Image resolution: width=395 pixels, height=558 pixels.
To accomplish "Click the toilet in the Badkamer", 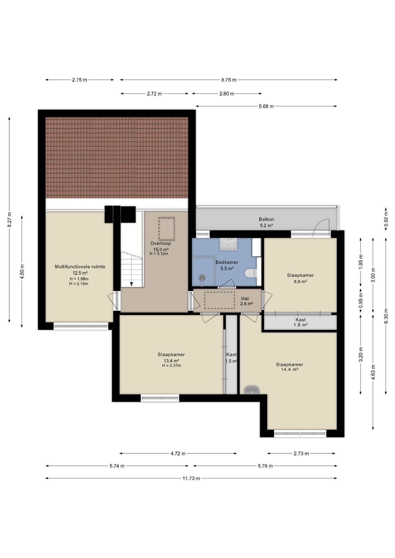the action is [250, 273].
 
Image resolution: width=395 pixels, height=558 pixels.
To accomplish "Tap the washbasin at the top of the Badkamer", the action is [228, 244].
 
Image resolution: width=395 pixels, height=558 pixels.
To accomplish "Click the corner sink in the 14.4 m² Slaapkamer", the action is [252, 390].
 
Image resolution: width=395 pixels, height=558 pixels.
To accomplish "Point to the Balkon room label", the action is [266, 219].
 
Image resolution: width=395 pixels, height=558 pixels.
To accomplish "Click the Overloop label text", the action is [161, 243].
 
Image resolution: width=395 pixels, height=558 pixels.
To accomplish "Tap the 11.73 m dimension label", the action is [191, 478].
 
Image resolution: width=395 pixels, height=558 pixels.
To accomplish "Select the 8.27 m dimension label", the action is [9, 219].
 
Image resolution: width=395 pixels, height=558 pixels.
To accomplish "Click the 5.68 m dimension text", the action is [266, 106].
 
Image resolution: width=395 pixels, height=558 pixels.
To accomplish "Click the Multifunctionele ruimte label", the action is [80, 267].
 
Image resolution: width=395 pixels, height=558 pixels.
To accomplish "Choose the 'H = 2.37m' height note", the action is [171, 366].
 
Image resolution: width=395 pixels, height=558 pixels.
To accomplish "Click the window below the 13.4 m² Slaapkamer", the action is [160, 398].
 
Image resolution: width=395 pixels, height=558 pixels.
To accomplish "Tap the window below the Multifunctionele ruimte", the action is [81, 326].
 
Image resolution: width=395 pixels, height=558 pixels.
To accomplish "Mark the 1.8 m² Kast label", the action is [300, 322].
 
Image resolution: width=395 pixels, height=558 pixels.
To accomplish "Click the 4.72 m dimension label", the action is [178, 453].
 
